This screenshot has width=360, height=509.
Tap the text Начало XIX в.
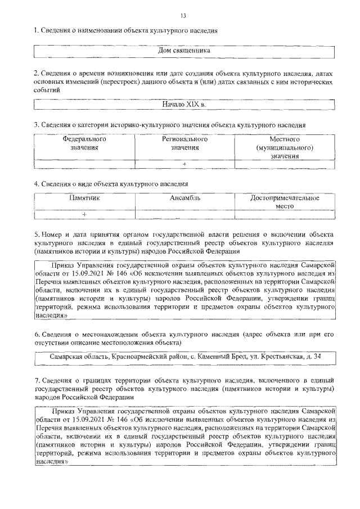coord(184,105)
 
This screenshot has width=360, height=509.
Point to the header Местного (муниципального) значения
coord(284,147)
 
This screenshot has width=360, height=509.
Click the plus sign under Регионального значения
coord(184,164)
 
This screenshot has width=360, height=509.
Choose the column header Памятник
coord(84,198)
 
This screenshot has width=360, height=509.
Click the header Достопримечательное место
coord(285,202)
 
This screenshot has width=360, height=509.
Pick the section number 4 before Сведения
coord(35,183)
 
